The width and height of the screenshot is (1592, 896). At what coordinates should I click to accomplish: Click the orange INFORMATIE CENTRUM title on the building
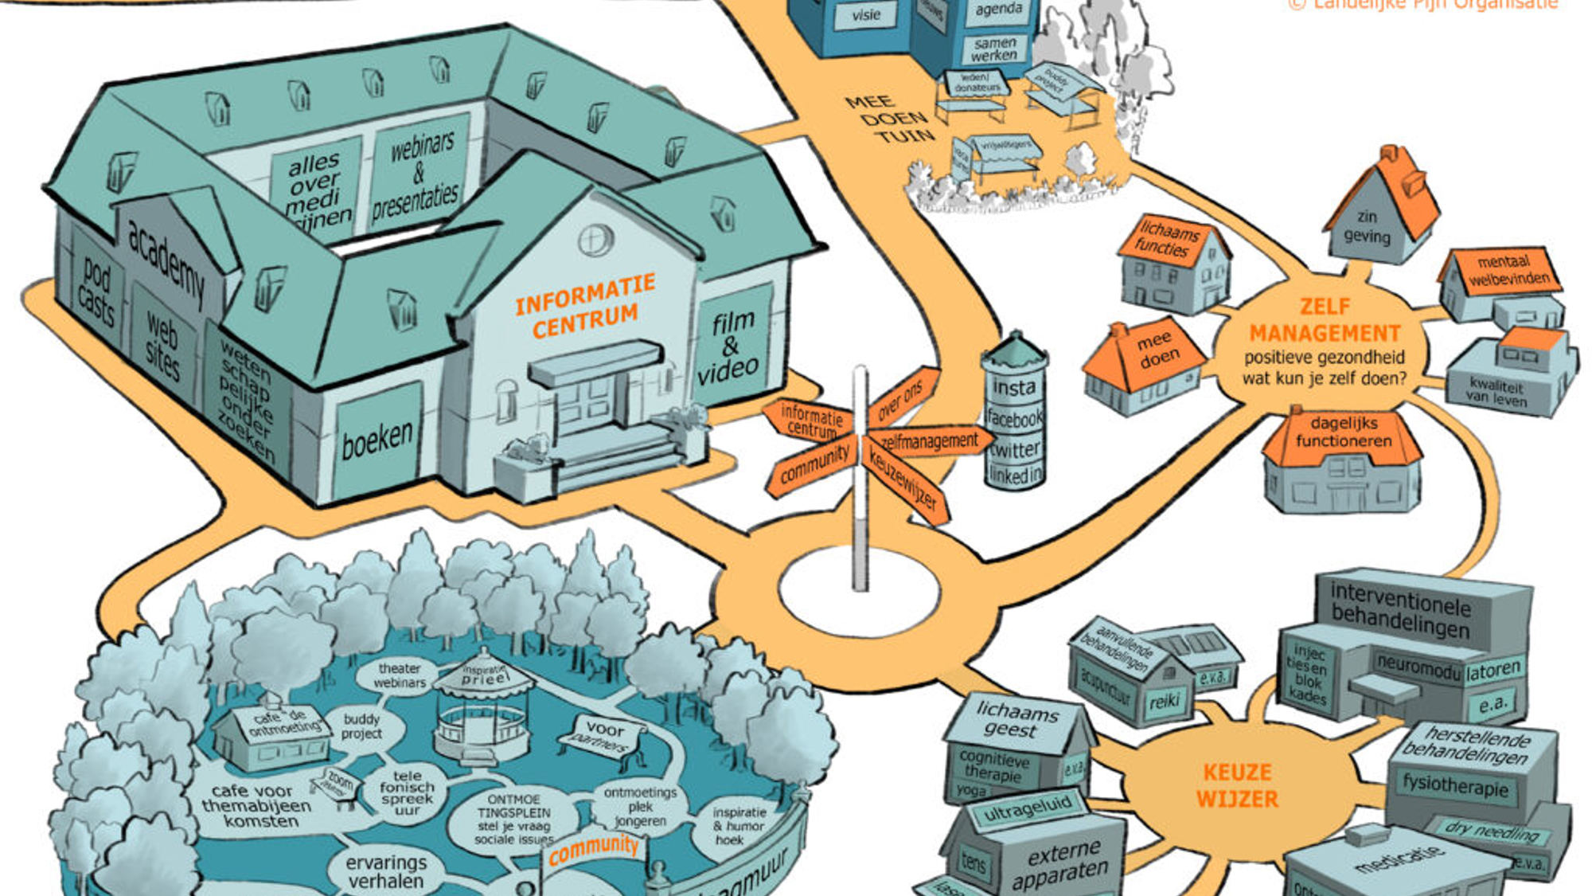(x=585, y=305)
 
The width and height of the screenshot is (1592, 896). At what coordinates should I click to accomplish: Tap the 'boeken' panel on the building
(x=377, y=438)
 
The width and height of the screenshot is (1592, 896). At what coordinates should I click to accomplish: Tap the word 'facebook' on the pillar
(x=1014, y=417)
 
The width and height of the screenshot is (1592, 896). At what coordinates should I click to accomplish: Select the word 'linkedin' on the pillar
(x=1014, y=475)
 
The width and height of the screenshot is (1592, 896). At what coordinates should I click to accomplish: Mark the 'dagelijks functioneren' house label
(x=1343, y=432)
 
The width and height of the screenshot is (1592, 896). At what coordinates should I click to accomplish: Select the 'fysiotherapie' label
(x=1455, y=786)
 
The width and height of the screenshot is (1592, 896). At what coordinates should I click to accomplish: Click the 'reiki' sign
(x=1163, y=702)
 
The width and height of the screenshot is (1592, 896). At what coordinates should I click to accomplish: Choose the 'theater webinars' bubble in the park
(x=399, y=675)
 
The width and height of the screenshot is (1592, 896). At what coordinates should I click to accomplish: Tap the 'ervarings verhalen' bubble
(x=386, y=871)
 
